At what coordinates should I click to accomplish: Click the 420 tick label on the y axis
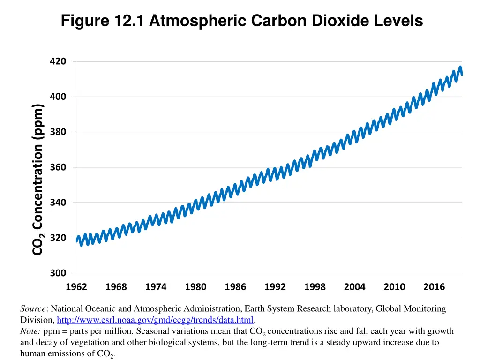(58, 61)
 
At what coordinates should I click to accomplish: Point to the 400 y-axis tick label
(58, 97)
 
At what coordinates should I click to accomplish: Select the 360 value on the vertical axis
(58, 167)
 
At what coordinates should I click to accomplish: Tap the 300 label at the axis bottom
(58, 273)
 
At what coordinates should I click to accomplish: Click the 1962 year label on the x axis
(76, 287)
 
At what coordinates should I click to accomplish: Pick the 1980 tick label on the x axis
(195, 287)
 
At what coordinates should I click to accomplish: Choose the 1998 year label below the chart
(315, 287)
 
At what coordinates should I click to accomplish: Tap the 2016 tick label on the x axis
(434, 287)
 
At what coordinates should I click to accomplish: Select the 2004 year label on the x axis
(354, 287)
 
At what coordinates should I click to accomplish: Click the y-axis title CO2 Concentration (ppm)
(38, 180)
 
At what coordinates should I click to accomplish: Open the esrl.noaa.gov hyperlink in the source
(155, 320)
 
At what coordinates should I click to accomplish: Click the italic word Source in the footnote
(33, 309)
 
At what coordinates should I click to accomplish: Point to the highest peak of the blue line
(460, 67)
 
